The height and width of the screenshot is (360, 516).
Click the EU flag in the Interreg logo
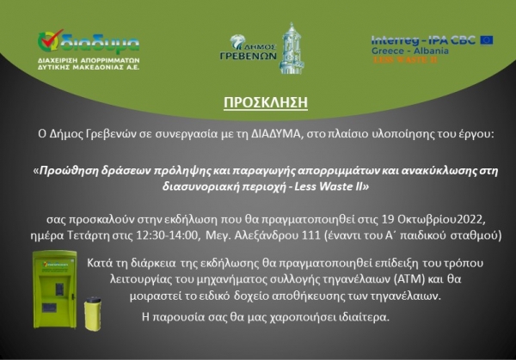point(487,39)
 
